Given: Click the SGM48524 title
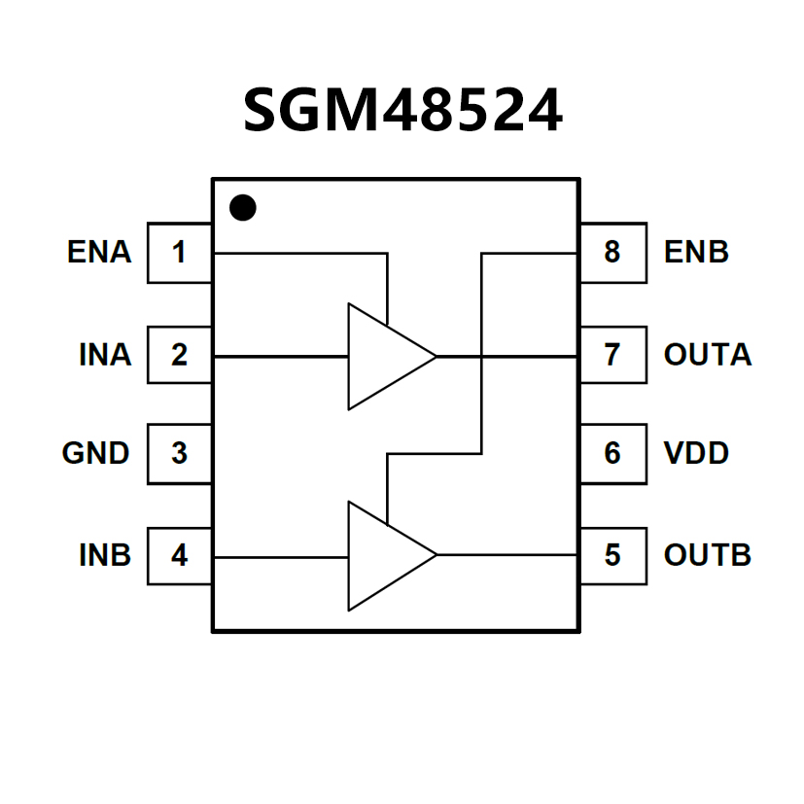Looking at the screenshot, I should (x=402, y=110).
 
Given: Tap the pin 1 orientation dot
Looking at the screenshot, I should (x=242, y=207).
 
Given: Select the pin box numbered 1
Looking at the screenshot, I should (x=180, y=253).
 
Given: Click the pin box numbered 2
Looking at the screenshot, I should (x=180, y=355).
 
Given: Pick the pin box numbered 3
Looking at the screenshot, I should (x=180, y=453).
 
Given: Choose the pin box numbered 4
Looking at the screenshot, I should (x=180, y=555).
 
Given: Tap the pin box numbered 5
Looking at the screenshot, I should (x=612, y=555).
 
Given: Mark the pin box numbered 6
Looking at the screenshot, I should (x=612, y=453).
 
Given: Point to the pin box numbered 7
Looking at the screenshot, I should (x=612, y=355).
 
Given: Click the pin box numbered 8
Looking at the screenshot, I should (x=612, y=253).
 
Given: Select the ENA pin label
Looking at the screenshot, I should (x=99, y=253).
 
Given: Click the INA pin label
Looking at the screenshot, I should (x=105, y=355).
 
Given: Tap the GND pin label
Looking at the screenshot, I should (x=96, y=453).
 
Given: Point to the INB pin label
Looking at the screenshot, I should (x=105, y=555).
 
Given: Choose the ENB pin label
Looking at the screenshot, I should (x=696, y=253).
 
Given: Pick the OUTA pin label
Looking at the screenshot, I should (x=708, y=355).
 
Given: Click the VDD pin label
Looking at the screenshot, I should (x=696, y=453).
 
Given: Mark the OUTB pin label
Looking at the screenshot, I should (x=708, y=555).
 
